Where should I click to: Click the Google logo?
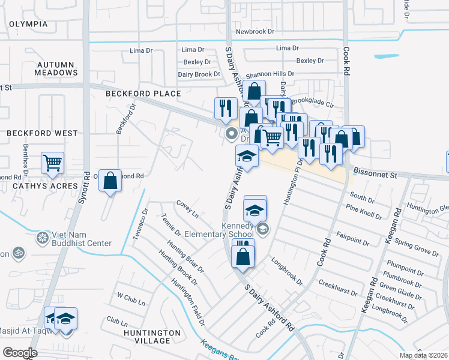click(x=20, y=353)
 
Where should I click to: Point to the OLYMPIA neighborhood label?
click(x=28, y=24)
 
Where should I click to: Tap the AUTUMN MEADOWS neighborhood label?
click(x=55, y=68)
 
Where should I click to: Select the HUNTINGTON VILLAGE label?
click(x=151, y=336)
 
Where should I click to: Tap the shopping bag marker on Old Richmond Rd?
click(x=110, y=180)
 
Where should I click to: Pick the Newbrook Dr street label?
click(x=255, y=31)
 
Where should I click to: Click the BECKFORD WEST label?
click(x=42, y=133)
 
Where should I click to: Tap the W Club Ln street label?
click(x=131, y=296)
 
